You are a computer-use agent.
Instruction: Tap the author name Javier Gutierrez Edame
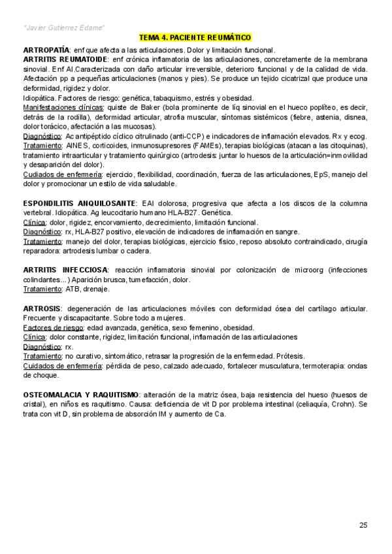(63, 27)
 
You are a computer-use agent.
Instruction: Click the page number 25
(363, 524)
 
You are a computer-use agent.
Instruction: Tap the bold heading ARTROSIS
(42, 308)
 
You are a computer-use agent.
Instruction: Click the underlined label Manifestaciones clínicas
(59, 107)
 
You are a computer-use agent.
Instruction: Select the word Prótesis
(289, 356)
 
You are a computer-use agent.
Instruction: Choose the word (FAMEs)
(204, 146)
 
